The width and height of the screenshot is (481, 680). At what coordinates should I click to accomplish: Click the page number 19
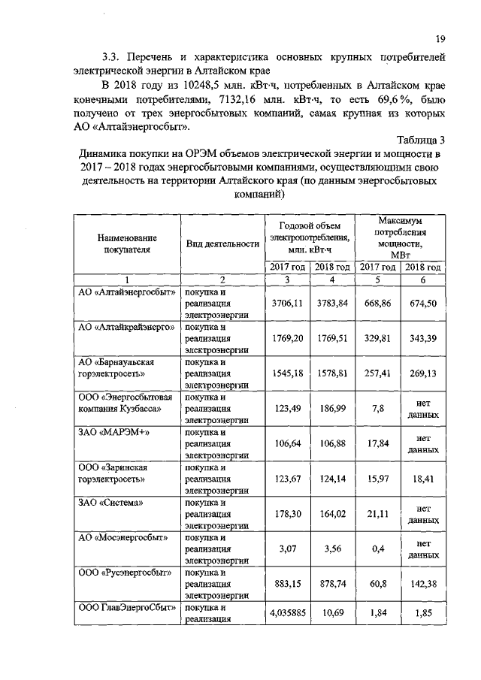(441, 40)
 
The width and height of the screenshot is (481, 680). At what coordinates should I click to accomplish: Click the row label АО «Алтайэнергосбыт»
(126, 292)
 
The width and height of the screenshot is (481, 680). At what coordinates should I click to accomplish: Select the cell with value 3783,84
(331, 303)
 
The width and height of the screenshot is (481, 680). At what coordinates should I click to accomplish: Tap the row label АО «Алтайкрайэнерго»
(126, 328)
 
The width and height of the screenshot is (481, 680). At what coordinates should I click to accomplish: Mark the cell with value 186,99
(331, 409)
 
